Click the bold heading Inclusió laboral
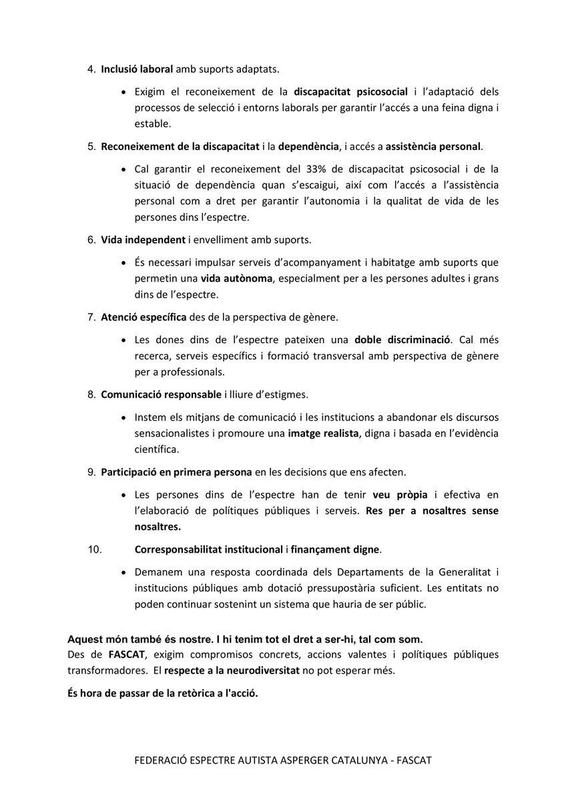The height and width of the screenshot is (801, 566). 137,69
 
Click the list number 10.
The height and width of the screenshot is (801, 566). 95,550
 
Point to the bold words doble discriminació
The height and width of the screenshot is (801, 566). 403,339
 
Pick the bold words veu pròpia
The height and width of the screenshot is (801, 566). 400,495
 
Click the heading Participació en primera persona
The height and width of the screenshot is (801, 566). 176,473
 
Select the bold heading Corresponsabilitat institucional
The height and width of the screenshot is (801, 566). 208,550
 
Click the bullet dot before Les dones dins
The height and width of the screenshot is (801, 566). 124,340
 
